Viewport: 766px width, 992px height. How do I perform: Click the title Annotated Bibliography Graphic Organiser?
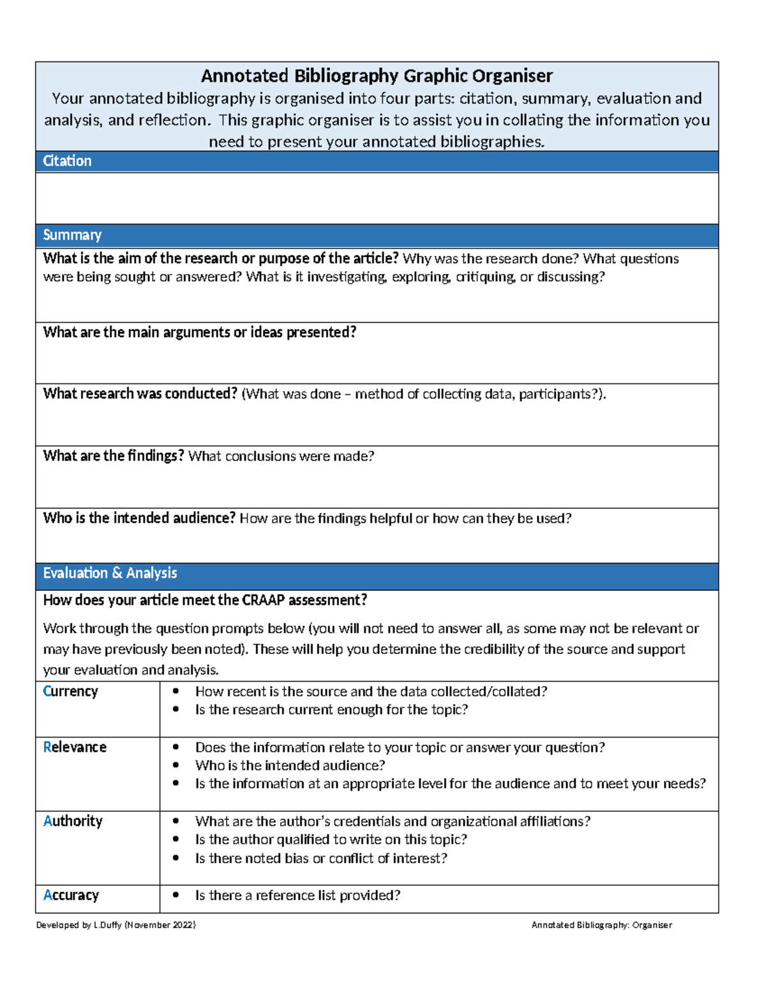pyautogui.click(x=377, y=76)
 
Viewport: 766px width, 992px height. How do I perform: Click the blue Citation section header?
pyautogui.click(x=67, y=161)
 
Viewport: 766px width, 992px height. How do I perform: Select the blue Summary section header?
pyautogui.click(x=72, y=235)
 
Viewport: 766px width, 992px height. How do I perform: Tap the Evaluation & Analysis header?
pyautogui.click(x=110, y=573)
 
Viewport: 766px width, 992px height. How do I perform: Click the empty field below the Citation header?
pyautogui.click(x=377, y=198)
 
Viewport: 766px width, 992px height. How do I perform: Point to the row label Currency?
pyautogui.click(x=70, y=692)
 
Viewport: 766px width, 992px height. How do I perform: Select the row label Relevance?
pyautogui.click(x=75, y=747)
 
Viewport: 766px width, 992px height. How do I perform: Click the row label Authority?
pyautogui.click(x=73, y=821)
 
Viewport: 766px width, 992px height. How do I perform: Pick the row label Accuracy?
pyautogui.click(x=71, y=896)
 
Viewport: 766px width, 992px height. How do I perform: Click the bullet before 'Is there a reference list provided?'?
pyautogui.click(x=176, y=896)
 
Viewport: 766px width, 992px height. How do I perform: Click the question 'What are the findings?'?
pyautogui.click(x=114, y=456)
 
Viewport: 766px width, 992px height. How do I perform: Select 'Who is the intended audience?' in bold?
pyautogui.click(x=139, y=518)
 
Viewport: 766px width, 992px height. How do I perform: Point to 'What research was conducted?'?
pyautogui.click(x=140, y=394)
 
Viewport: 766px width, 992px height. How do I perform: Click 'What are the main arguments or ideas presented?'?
pyautogui.click(x=199, y=332)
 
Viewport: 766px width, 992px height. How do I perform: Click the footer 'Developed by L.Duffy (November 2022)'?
pyautogui.click(x=116, y=925)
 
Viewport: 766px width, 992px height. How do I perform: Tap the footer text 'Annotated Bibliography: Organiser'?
pyautogui.click(x=601, y=925)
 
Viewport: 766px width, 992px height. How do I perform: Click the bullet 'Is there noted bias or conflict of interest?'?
pyautogui.click(x=321, y=858)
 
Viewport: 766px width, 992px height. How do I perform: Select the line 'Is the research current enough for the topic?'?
pyautogui.click(x=331, y=710)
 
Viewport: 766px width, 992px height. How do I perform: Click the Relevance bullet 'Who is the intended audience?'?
pyautogui.click(x=290, y=765)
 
